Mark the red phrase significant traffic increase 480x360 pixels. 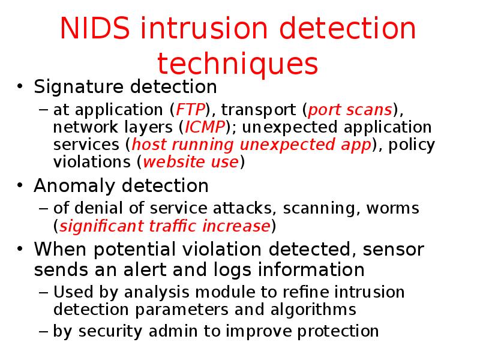click(x=164, y=226)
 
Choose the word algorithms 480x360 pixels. click(x=314, y=310)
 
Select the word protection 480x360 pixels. click(x=336, y=331)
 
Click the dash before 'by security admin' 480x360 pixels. click(x=44, y=331)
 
